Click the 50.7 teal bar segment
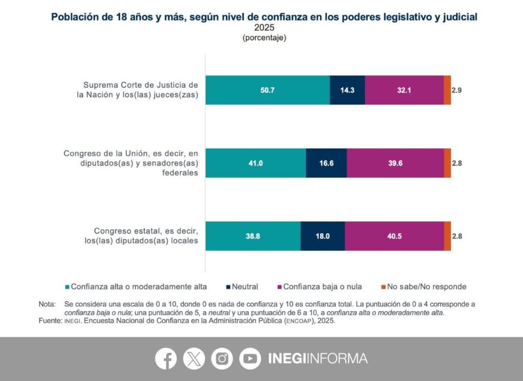click(x=268, y=90)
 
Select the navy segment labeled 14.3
click(x=347, y=90)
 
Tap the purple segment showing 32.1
click(x=404, y=90)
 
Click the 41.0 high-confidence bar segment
click(x=255, y=163)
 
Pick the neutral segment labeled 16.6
click(x=326, y=163)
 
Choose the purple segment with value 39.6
click(x=395, y=163)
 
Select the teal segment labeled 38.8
click(x=253, y=236)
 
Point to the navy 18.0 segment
click(x=322, y=236)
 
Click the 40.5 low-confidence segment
click(x=394, y=236)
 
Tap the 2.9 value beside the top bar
click(x=457, y=90)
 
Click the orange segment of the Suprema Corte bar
click(x=447, y=90)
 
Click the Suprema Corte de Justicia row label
click(x=140, y=90)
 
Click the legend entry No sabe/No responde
click(x=424, y=287)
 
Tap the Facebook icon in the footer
click(x=166, y=358)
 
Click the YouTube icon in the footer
click(x=250, y=358)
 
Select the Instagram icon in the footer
click(x=222, y=358)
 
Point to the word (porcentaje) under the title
click(x=264, y=38)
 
